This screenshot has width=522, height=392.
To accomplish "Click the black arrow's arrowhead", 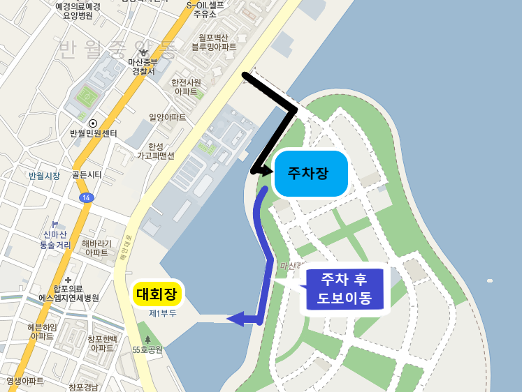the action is pos(256,170).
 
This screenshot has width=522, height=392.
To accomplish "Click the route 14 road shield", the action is pos(86,198).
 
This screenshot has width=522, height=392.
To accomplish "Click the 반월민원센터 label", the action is pos(93,133).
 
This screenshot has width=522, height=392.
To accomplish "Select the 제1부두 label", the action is pos(163,314).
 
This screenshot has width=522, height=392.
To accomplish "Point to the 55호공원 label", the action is pos(147,349).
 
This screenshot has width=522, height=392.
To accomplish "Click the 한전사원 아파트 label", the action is pos(186,86).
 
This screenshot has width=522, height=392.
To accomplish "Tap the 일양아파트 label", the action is pos(168,118).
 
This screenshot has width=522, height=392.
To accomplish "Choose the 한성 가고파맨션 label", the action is pos(155,151).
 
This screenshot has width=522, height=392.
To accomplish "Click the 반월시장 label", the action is pos(44,175).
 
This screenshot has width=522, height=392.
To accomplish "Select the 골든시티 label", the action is pos(87,175).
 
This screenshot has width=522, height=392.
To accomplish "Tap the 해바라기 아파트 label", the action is pos(96,248).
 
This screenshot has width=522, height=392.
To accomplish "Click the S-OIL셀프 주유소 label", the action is pos(205,8).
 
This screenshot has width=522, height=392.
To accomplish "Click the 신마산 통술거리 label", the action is pos(55,240).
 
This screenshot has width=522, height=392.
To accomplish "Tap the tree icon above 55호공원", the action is pos(147,339).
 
